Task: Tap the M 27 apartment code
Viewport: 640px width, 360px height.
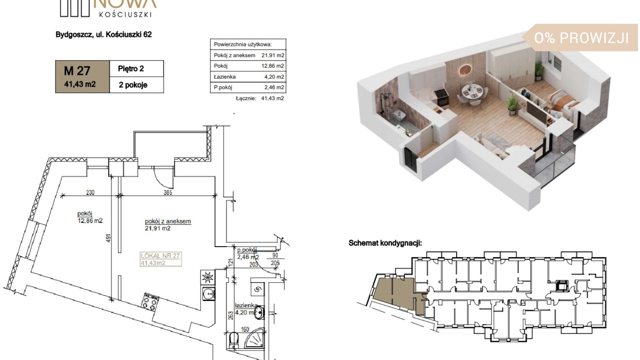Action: click(x=77, y=71)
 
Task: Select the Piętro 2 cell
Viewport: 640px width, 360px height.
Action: click(x=137, y=69)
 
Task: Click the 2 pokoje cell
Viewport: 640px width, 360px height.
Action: click(x=137, y=85)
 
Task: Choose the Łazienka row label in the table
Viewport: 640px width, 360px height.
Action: click(x=225, y=77)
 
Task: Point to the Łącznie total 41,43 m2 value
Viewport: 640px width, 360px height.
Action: click(x=273, y=98)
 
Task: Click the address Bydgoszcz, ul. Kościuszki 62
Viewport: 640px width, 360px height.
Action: click(x=104, y=34)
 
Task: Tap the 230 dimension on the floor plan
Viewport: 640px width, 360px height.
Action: click(x=90, y=192)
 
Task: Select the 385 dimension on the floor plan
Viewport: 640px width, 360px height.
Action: click(x=168, y=192)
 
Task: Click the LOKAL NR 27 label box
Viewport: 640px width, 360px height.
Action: click(x=161, y=259)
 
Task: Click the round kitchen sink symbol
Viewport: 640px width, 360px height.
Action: click(x=208, y=294)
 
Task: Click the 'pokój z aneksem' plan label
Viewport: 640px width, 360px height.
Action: click(x=168, y=221)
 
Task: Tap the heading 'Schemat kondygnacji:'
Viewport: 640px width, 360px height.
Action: click(x=385, y=243)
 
